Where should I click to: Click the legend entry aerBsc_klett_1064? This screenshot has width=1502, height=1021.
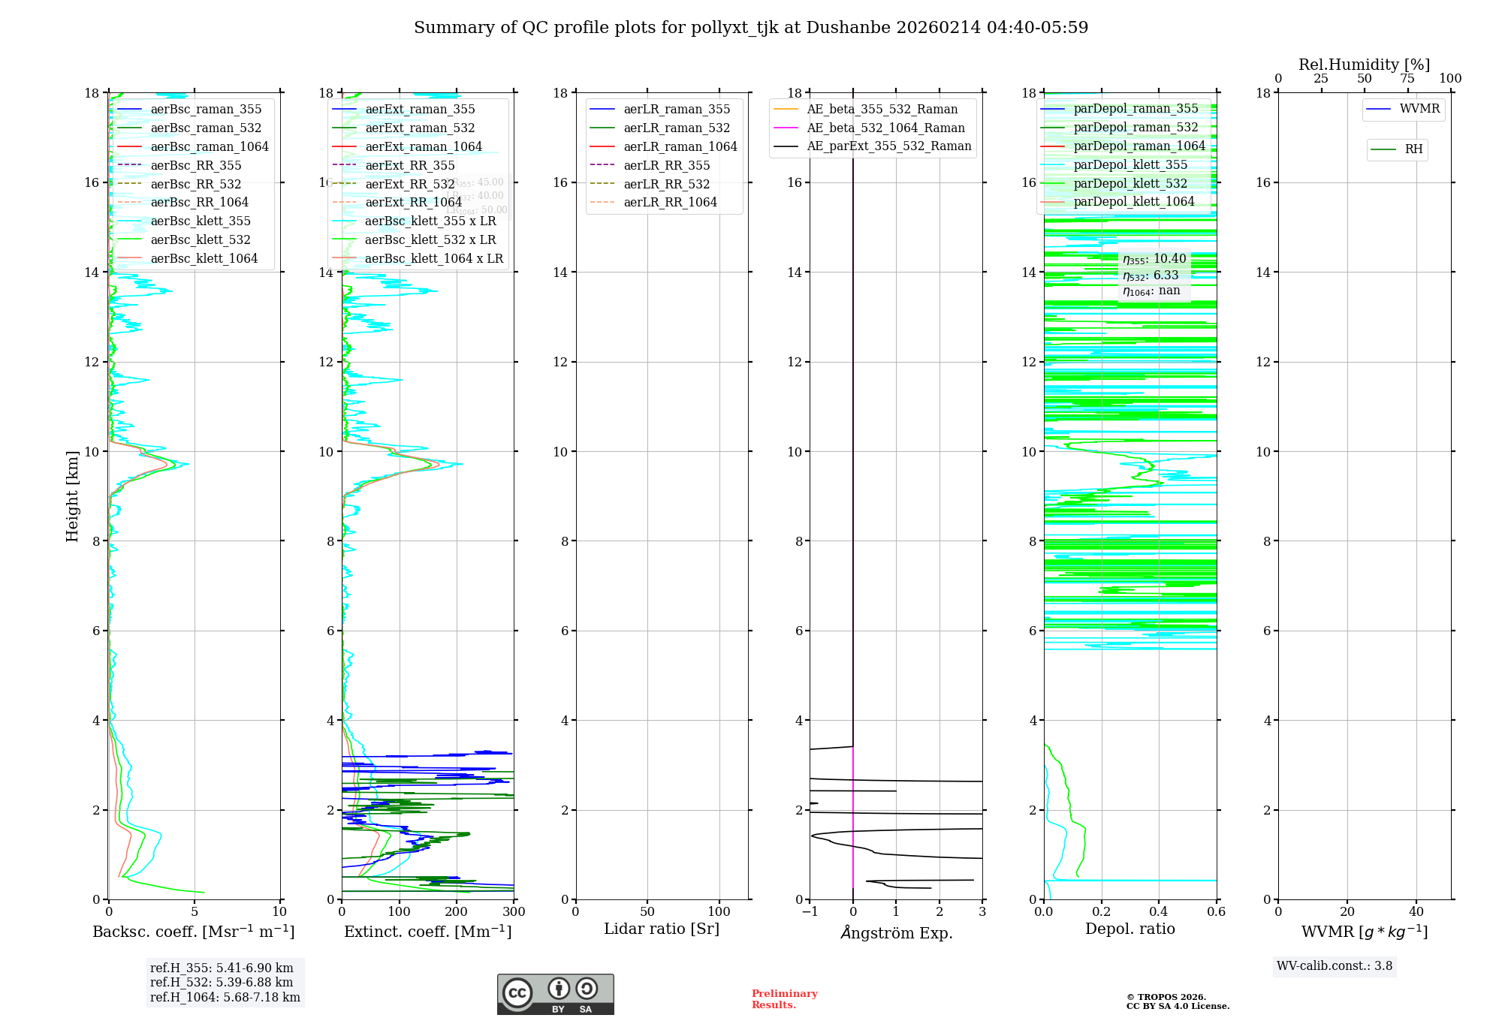tap(204, 258)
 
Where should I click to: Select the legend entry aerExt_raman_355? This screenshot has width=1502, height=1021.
tap(420, 110)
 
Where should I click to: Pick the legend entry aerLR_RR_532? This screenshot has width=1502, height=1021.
tap(666, 184)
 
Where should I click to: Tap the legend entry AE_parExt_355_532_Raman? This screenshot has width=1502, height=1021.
tap(888, 146)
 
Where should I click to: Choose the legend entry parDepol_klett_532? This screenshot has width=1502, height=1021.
tap(1130, 183)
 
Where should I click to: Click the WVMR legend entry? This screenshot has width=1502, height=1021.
tap(1419, 109)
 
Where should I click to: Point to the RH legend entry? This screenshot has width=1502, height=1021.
tap(1413, 149)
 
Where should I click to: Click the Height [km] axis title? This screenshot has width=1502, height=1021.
tap(72, 496)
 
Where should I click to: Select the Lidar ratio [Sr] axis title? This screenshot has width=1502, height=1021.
tap(661, 929)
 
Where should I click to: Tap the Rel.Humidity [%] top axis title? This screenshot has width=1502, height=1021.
tap(1364, 65)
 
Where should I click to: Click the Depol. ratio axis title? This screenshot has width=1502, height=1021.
tap(1130, 929)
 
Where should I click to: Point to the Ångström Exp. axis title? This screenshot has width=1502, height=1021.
tap(896, 932)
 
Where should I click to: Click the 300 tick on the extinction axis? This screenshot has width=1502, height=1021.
tap(514, 912)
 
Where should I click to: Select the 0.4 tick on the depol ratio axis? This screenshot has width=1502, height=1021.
tap(1159, 912)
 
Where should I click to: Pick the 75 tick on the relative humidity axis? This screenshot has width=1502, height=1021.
tap(1407, 79)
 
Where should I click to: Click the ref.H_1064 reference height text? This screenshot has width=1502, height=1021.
tap(225, 998)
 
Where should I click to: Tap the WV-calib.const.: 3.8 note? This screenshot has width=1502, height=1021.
tap(1334, 966)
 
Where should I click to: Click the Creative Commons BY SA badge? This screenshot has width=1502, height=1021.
tap(555, 995)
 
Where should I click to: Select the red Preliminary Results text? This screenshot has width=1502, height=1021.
tap(784, 999)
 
